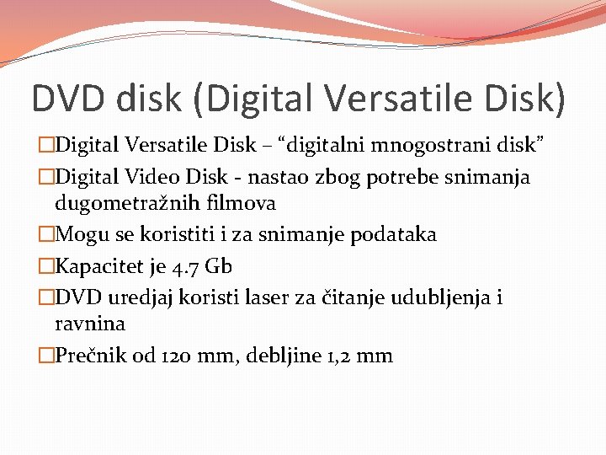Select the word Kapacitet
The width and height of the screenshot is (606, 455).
[100, 266]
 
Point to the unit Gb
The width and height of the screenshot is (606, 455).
[218, 266]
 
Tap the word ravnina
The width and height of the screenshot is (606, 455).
[90, 324]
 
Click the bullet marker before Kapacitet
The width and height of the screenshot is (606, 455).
[45, 266]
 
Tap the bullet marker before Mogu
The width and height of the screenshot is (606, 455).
[45, 234]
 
